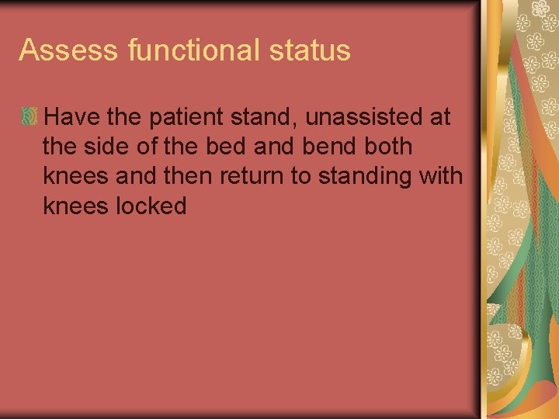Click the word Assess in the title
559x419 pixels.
[68, 50]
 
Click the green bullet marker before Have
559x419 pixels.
[29, 117]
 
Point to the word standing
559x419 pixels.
[362, 176]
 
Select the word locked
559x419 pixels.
[148, 206]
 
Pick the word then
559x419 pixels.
[191, 176]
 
